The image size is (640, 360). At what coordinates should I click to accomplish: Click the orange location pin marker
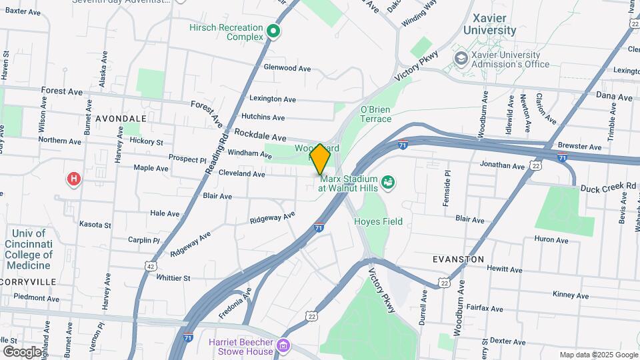[x=320, y=159]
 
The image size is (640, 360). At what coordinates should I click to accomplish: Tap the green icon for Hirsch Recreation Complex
[x=273, y=31]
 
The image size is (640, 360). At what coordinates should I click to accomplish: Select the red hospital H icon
[x=74, y=179]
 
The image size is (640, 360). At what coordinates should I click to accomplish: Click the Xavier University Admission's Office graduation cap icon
[x=461, y=59]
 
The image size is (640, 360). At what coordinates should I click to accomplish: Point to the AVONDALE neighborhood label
[x=121, y=118]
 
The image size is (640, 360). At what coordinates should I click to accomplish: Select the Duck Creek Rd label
[x=607, y=187]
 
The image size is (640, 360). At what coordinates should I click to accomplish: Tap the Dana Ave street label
[x=613, y=97]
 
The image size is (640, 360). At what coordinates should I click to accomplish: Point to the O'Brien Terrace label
[x=376, y=114]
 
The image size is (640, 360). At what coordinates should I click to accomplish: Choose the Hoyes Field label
[x=378, y=221]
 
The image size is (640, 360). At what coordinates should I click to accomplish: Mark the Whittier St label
[x=173, y=277]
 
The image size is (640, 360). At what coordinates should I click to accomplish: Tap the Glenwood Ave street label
[x=287, y=68]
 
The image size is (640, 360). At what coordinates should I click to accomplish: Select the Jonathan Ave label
[x=502, y=165]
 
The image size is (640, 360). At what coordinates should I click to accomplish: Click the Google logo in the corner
[x=21, y=351]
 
